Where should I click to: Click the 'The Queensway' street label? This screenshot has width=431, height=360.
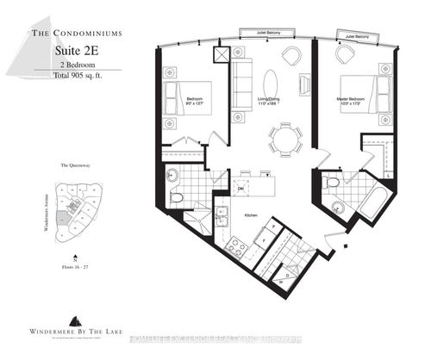pyautogui.click(x=76, y=164)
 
